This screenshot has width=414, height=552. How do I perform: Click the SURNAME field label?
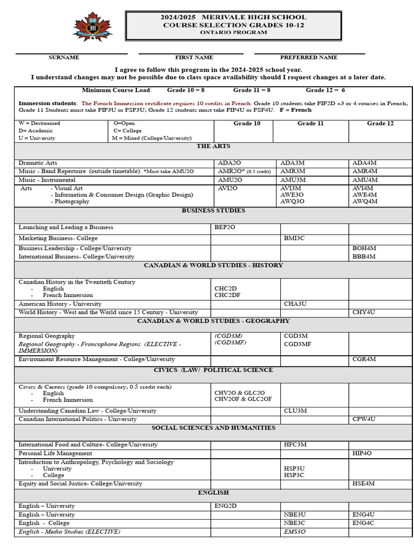tap(64, 58)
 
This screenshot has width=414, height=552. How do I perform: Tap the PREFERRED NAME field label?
tap(309, 58)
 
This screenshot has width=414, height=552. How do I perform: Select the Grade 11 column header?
tap(310, 123)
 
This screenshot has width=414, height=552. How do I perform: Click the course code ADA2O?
tap(229, 163)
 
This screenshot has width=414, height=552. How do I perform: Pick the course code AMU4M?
tap(365, 180)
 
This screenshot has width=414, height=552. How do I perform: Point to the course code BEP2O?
tap(225, 227)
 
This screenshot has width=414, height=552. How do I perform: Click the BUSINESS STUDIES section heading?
tap(213, 211)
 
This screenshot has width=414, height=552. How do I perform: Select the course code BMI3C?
tap(294, 238)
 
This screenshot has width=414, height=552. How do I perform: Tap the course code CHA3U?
tap(295, 304)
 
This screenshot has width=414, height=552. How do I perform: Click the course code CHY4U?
tap(364, 313)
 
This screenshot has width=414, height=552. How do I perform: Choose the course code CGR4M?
tap(364, 359)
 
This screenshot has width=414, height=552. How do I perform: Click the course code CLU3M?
tap(295, 411)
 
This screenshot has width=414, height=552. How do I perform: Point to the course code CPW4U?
tap(364, 419)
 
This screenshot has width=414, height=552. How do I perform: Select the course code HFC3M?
tap(295, 445)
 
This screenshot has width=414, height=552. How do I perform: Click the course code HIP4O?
tap(362, 453)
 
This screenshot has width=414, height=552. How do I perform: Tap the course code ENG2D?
tap(225, 506)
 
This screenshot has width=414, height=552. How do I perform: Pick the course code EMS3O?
tap(295, 532)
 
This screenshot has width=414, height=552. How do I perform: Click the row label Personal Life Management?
tap(56, 453)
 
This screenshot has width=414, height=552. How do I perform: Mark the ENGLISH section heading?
tap(213, 493)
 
